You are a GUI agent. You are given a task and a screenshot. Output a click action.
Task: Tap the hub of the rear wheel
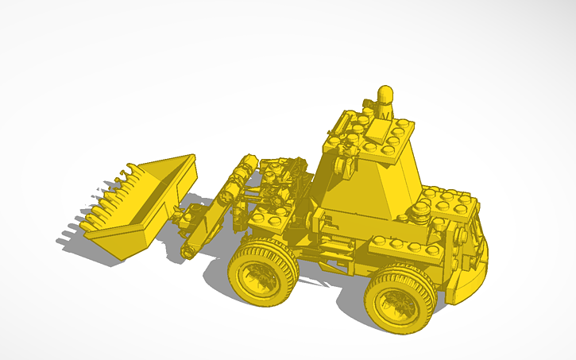click(393, 304)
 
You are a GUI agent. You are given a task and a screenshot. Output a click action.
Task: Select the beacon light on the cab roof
click(386, 99)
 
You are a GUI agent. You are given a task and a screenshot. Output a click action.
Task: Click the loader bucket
click(143, 207)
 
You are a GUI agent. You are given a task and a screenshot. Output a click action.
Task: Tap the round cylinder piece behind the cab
click(419, 212)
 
